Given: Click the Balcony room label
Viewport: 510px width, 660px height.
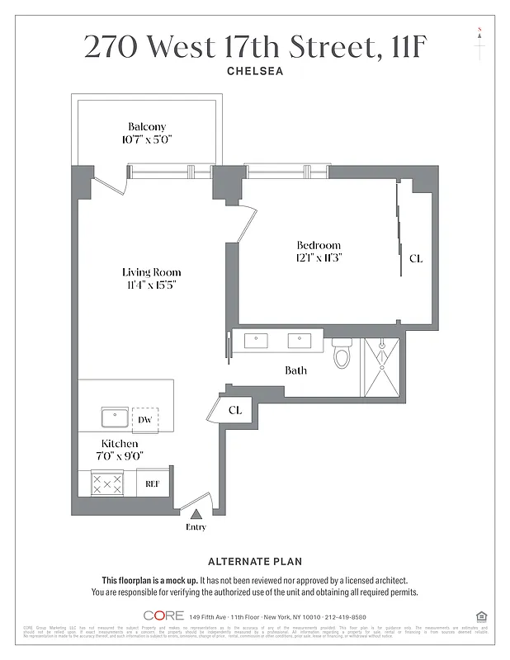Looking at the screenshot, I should [147, 126].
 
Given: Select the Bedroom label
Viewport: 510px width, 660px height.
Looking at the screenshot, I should [319, 245].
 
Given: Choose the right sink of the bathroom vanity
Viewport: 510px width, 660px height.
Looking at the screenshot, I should [299, 340].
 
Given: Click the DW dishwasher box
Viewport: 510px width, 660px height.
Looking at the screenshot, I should [145, 419].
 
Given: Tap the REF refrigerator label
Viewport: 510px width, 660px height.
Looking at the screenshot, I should [153, 483].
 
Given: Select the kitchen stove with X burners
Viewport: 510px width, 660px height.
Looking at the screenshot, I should [106, 483].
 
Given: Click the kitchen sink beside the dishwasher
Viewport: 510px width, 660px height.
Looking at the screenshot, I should [114, 417].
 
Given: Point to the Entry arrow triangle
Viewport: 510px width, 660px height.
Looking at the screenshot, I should [196, 514].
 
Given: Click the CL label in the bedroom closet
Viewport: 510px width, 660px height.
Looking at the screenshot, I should [416, 258].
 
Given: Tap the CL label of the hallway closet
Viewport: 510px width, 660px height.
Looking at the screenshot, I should [235, 410].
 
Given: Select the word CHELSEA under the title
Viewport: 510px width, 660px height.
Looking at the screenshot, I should [255, 72].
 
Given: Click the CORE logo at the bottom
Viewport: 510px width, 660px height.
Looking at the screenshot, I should [163, 615].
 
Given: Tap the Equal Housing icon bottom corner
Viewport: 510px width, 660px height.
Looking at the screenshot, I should [481, 615].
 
